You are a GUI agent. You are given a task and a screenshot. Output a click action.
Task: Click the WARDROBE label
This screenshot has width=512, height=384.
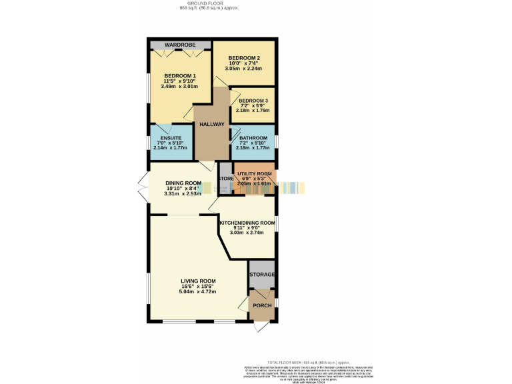pyautogui.click(x=179, y=45)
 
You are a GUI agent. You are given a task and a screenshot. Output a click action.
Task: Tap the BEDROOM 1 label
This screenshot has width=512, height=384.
pyautogui.click(x=180, y=75)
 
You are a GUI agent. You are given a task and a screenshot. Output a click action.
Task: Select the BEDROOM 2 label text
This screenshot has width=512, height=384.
pyautogui.click(x=243, y=58)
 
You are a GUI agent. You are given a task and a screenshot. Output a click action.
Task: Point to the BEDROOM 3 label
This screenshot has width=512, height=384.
pyautogui.click(x=253, y=101)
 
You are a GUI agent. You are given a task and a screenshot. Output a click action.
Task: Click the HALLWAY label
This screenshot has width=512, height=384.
pyautogui.click(x=211, y=125)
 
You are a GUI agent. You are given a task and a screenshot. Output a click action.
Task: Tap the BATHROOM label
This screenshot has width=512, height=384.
pyautogui.click(x=253, y=138)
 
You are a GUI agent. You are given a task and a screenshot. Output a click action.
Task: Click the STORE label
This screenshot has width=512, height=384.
pyautogui.click(x=226, y=178)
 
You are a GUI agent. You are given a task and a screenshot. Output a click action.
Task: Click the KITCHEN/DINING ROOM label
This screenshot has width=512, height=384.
pyautogui.click(x=247, y=222)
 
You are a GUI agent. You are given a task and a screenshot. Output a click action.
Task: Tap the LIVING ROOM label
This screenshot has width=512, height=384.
pyautogui.click(x=198, y=281)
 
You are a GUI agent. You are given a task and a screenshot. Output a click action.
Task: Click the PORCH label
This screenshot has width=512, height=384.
pyautogui.click(x=261, y=305)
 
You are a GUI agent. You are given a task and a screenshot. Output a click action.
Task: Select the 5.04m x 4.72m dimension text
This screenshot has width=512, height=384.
pyautogui.click(x=198, y=291)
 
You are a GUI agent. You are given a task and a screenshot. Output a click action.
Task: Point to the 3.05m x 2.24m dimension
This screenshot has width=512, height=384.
pyautogui.click(x=243, y=69)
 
